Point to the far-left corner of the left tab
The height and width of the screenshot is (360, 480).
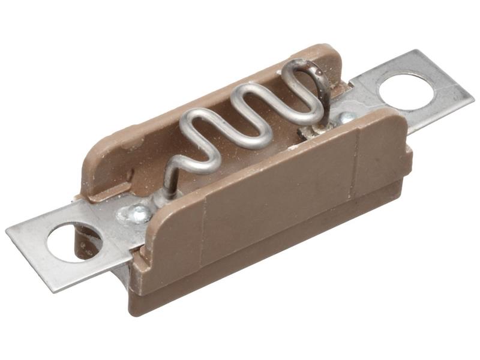point(8,230)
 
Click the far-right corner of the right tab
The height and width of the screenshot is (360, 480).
point(473,96)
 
